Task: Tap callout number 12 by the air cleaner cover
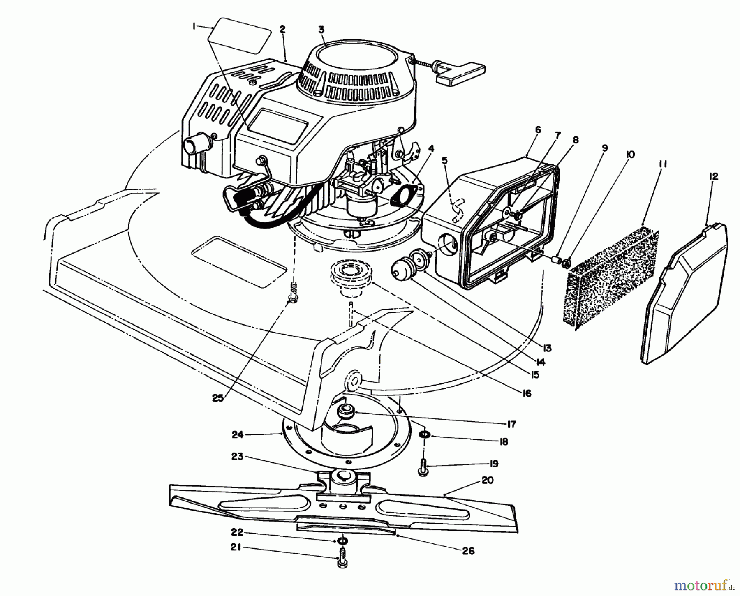point(713,176)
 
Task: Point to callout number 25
point(217,398)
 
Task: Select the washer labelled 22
point(342,539)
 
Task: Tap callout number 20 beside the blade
point(487,480)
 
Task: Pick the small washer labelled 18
point(425,434)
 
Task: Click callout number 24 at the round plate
point(238,434)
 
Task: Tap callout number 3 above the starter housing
point(321,30)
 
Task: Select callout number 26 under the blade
point(468,551)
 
